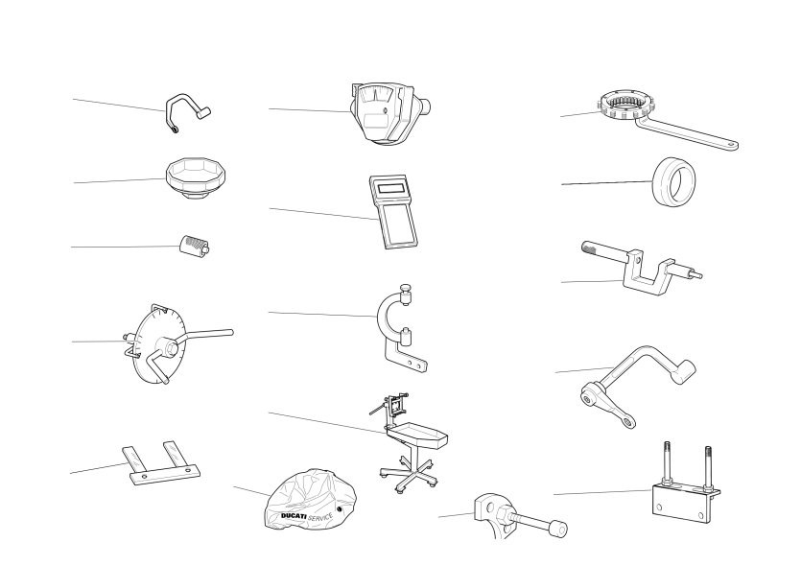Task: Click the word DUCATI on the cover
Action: tap(294, 516)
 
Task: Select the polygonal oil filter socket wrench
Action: tap(196, 178)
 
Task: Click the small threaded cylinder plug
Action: tap(195, 245)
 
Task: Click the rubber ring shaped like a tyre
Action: tap(674, 181)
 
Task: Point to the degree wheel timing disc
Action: tap(159, 344)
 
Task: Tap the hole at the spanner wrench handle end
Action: tap(732, 145)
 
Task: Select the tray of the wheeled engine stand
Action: tap(417, 435)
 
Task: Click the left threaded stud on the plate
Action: tap(667, 462)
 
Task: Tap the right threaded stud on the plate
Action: tap(708, 467)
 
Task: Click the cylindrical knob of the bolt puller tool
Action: tap(558, 530)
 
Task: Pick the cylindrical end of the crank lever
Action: tap(684, 371)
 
